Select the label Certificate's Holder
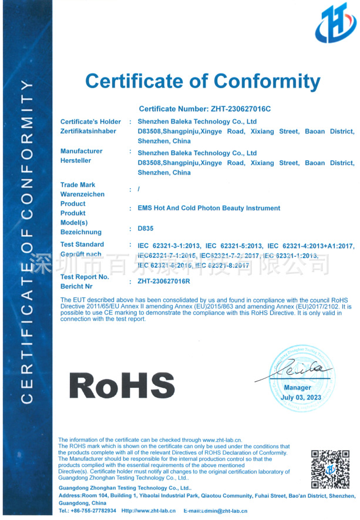point(90,122)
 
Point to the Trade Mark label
point(78,184)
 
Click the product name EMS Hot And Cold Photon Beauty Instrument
point(208,208)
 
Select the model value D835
point(145,228)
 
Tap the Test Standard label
point(82,244)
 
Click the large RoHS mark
point(122,385)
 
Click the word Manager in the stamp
point(298,388)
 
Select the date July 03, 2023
point(301,398)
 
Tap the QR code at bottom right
point(330,469)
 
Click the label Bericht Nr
point(76,286)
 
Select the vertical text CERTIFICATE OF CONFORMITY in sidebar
point(27,241)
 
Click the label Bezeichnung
point(81,233)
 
